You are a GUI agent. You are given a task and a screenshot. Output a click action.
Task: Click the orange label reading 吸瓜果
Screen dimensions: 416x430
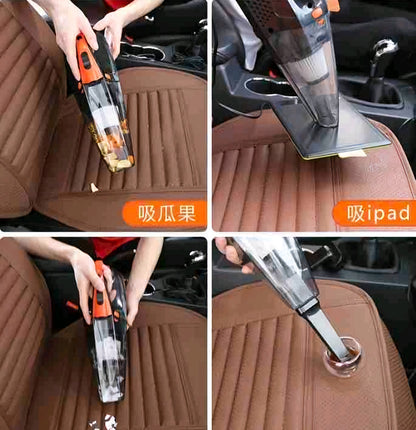pos(165,214)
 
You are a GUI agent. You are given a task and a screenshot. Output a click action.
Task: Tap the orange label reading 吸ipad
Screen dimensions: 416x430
pos(375,214)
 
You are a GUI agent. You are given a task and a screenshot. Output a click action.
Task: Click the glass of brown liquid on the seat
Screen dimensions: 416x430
pos(343,356)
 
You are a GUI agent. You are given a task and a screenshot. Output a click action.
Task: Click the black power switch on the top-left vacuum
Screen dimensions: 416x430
pos(85,60)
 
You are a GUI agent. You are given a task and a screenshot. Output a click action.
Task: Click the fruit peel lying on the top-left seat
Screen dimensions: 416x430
pos(94,188)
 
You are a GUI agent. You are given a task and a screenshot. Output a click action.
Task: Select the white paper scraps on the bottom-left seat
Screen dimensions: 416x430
pos(104,422)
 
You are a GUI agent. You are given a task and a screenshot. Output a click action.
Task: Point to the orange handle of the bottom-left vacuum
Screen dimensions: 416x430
pos(101,293)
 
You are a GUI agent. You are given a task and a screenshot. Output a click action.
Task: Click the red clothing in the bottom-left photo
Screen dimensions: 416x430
pos(110,247)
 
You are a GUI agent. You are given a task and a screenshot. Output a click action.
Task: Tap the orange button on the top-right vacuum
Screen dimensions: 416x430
pos(317,13)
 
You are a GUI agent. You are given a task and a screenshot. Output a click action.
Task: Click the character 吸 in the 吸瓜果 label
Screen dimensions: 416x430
pos(147,214)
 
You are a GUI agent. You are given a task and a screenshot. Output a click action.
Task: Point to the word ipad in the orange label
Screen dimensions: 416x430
pos(388,214)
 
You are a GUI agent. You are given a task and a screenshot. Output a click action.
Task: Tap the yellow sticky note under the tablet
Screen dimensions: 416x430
pos(352,154)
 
